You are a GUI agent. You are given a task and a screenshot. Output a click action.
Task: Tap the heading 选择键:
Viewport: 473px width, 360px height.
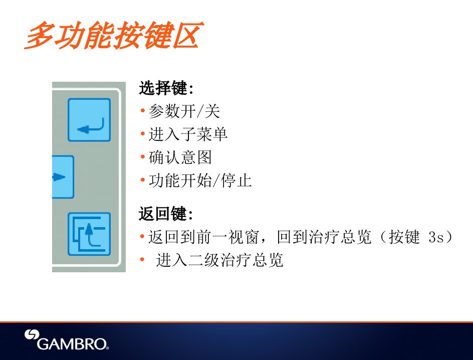[166, 88]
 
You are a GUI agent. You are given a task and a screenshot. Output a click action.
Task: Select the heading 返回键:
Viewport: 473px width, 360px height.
[166, 214]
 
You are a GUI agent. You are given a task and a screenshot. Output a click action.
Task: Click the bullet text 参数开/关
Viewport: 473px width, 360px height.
[184, 111]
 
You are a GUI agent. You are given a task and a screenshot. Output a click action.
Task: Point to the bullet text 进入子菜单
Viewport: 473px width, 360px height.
[188, 134]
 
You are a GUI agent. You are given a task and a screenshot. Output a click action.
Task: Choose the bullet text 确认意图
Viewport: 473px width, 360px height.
[180, 157]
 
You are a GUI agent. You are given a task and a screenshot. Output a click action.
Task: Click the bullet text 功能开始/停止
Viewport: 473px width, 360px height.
[200, 181]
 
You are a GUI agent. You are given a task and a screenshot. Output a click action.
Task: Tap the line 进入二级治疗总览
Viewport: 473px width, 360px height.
[219, 260]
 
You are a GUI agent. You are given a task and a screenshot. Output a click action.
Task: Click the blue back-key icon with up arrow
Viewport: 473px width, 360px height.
[89, 234]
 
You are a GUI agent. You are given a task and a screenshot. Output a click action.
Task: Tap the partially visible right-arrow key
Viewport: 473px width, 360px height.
[63, 177]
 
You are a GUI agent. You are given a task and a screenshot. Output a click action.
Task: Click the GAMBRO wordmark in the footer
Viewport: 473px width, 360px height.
[72, 344]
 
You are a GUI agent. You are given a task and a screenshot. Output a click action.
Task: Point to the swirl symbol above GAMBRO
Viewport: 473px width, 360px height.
[32, 334]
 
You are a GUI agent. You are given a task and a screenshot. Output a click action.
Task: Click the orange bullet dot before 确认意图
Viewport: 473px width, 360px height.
[143, 157]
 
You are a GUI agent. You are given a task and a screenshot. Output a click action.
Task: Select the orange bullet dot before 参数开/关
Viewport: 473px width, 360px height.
[143, 111]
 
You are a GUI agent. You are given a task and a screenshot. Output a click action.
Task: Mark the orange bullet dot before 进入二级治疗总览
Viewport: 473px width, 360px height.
[142, 259]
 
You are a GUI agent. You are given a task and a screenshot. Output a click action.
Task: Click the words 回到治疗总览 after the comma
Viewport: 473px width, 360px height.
[324, 237]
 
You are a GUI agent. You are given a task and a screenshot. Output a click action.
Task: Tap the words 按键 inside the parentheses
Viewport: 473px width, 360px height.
[404, 237]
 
